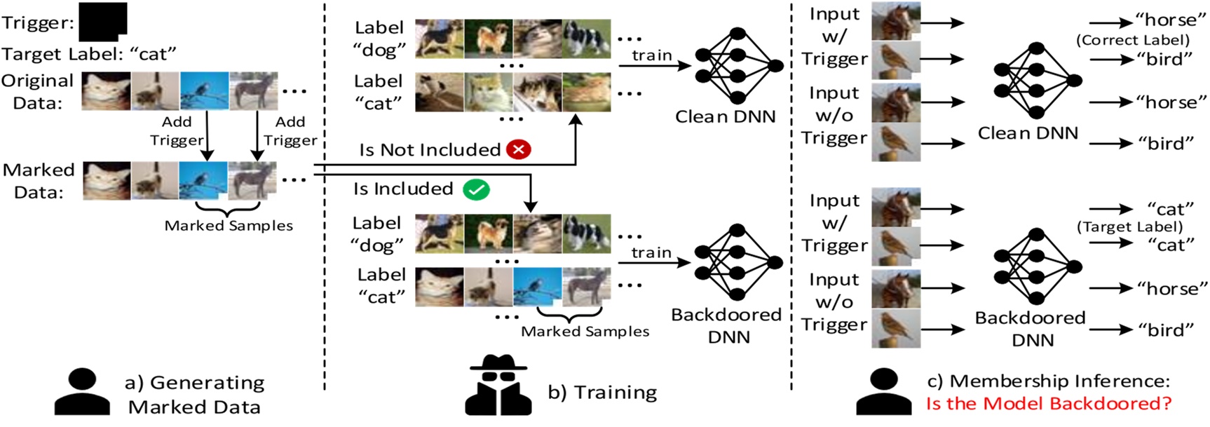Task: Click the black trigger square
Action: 102,22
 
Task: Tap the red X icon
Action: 519,149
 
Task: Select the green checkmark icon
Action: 476,189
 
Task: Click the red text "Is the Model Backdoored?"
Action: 1048,404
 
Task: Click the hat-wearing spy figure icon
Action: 498,385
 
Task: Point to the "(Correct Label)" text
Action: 1133,40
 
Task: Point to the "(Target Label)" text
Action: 1129,226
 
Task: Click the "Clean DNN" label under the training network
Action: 725,116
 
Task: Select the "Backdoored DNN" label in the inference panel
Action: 1031,328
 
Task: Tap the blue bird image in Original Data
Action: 204,91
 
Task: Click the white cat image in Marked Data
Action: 107,181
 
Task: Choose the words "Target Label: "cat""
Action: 88,54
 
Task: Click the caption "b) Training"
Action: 602,392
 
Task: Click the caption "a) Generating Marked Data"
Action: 194,394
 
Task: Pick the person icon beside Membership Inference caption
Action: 883,392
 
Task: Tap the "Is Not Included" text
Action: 430,149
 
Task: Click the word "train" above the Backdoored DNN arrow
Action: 651,252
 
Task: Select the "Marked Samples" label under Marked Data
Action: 229,226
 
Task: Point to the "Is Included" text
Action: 403,189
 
